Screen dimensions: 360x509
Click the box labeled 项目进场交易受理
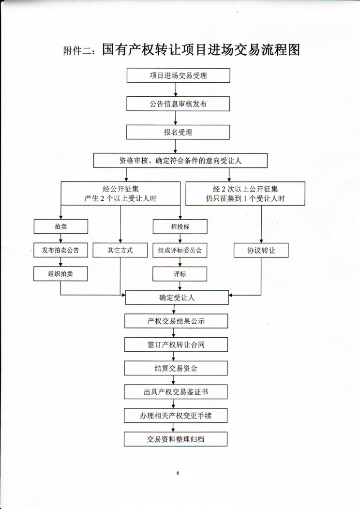point(178,75)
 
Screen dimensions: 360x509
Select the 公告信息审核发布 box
point(178,104)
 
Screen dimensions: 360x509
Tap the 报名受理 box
point(178,132)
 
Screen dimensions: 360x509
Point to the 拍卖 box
point(60,226)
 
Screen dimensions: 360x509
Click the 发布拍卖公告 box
point(60,250)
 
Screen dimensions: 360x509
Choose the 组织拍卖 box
point(60,274)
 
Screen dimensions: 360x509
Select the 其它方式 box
point(120,250)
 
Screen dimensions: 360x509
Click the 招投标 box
point(180,226)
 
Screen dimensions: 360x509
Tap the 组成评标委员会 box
point(180,250)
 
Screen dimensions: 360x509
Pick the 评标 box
point(180,274)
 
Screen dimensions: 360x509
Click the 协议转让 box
point(261,250)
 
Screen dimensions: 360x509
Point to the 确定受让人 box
point(177,298)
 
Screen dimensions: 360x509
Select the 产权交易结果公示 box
point(176,321)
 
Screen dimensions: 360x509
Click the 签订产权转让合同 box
point(176,344)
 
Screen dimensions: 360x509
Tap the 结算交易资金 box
point(176,368)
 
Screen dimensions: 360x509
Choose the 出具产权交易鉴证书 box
point(176,392)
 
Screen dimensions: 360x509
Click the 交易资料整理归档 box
point(176,439)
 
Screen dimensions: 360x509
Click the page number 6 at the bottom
point(178,473)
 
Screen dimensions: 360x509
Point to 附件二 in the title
point(77,51)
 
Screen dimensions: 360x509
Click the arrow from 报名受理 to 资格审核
point(176,147)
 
